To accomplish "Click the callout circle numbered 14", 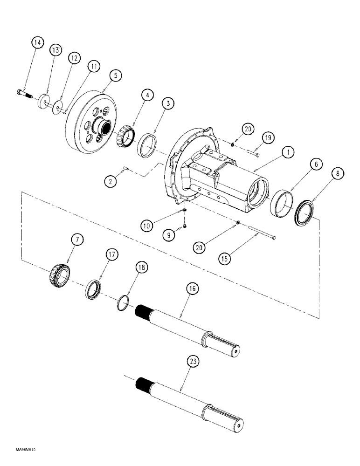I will tap(37, 43).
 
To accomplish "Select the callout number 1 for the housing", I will tap(289, 152).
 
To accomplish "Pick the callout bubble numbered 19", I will tap(268, 137).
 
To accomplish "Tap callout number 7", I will tap(77, 240).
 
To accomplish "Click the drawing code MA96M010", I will tap(19, 451).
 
